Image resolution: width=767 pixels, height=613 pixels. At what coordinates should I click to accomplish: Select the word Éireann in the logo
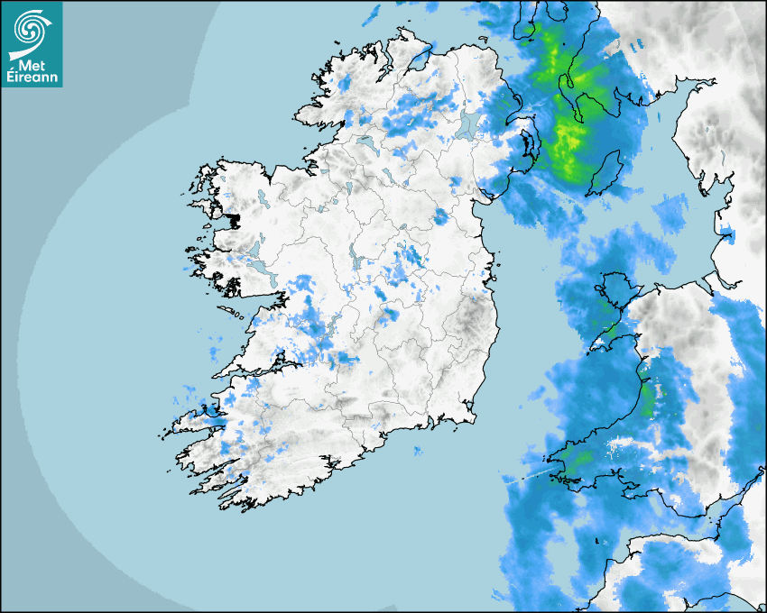coord(32,77)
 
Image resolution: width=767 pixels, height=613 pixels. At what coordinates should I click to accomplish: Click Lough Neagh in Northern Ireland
coord(467,125)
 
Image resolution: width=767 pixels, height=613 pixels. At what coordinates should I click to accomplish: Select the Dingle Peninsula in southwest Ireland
coord(194,419)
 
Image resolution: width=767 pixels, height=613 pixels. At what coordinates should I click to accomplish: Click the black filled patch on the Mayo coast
coord(236,218)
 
